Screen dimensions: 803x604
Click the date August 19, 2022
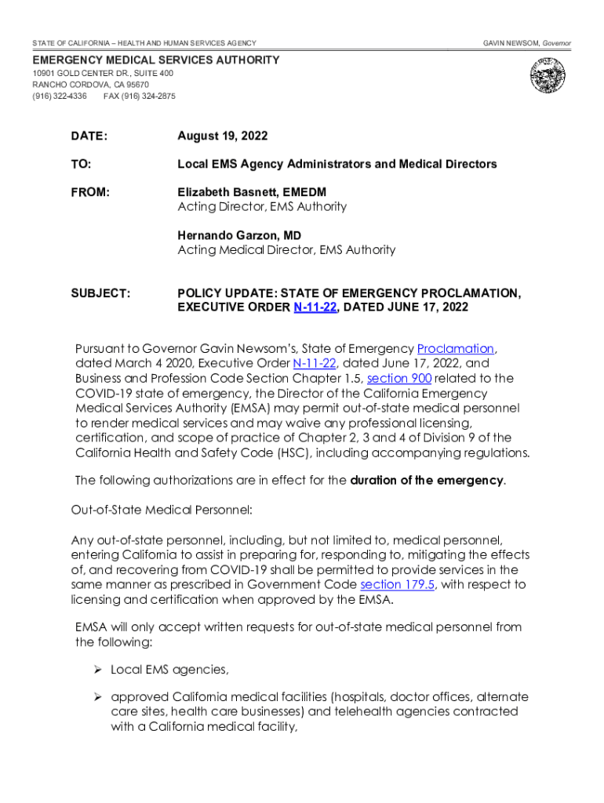[x=222, y=136]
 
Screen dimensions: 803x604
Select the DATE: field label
[x=89, y=136]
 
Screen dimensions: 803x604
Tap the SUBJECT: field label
[x=100, y=293]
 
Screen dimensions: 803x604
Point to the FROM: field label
[x=90, y=192]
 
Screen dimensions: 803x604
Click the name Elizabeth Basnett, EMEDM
[x=252, y=192]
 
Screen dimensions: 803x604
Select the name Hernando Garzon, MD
[x=239, y=235]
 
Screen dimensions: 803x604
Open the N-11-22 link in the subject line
[x=315, y=307]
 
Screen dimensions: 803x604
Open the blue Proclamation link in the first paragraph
[x=456, y=348]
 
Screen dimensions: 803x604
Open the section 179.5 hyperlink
[x=398, y=584]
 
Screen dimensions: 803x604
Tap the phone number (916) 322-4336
[x=60, y=96]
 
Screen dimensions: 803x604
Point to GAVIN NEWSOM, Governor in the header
[x=527, y=42]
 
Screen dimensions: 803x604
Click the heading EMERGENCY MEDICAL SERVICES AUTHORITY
[x=155, y=60]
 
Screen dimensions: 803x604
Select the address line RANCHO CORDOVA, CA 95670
[x=90, y=85]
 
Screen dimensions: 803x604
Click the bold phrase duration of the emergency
[x=426, y=480]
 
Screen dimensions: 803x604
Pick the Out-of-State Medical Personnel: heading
[x=162, y=510]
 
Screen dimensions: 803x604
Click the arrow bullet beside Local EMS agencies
[x=99, y=670]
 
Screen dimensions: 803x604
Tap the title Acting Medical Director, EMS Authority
[x=286, y=250]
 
